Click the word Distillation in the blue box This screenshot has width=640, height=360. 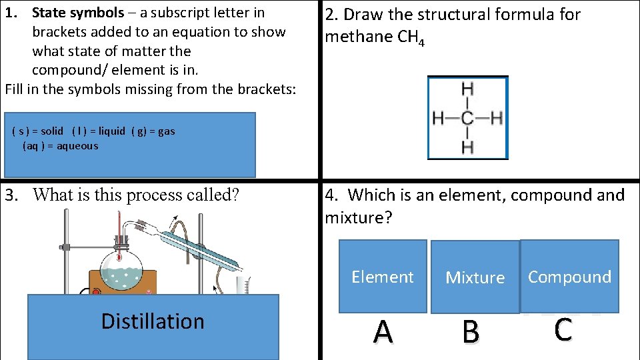[153, 321]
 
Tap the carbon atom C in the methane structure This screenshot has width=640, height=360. [467, 119]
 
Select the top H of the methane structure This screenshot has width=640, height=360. [467, 89]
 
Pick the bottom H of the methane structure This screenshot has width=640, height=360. [467, 147]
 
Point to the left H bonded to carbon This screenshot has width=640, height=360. [439, 119]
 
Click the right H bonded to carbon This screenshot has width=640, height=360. [495, 119]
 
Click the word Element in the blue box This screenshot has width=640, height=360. [383, 277]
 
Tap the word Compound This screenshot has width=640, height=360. [569, 277]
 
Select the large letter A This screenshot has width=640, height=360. [383, 331]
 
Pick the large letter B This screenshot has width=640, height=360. [471, 331]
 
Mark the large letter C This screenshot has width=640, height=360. [563, 329]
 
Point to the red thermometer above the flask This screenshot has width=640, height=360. [119, 233]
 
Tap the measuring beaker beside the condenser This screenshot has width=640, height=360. [243, 285]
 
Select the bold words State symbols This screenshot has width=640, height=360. [78, 13]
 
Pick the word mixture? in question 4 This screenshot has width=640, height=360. [357, 217]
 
